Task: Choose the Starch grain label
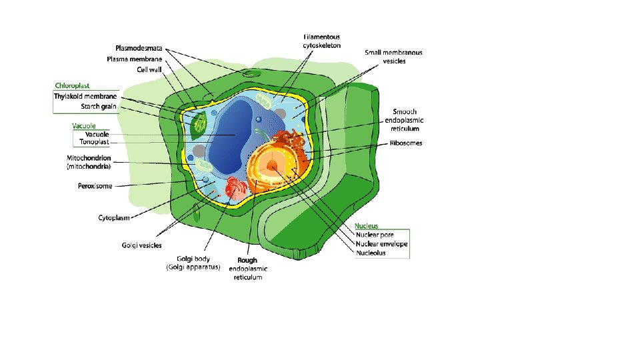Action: click(99, 106)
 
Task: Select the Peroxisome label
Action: click(95, 186)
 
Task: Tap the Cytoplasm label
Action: click(114, 217)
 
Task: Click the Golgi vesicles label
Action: click(141, 245)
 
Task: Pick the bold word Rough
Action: click(247, 261)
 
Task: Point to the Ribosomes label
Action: click(406, 143)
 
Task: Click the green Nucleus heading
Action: click(367, 226)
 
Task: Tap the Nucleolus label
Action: click(371, 253)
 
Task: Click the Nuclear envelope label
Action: click(382, 244)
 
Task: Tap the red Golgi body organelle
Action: click(237, 190)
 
